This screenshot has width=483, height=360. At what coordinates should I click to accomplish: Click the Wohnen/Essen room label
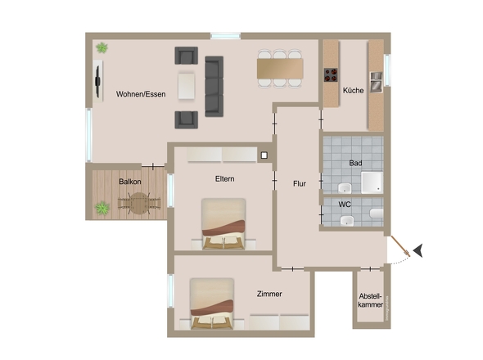pos(141,94)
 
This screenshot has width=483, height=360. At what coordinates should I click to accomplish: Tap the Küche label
pos(354,91)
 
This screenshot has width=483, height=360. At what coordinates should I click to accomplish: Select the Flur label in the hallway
pos(300,184)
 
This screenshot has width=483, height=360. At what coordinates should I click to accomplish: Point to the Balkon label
pos(130,182)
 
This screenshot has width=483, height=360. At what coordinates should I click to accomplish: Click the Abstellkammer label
pos(371,300)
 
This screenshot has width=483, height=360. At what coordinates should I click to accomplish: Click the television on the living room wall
pos(97,81)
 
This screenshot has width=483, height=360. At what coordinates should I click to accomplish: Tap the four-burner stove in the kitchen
pos(331,74)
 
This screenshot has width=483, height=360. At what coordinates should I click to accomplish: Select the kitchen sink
pos(376,82)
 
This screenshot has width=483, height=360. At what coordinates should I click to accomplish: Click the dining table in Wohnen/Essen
pos(280,69)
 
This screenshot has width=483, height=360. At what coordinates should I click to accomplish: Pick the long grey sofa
pos(214,87)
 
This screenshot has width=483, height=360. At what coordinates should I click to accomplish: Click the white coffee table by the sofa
pos(186,86)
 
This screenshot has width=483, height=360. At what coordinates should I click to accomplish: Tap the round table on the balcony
pos(139,203)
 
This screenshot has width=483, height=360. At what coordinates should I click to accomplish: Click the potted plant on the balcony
pos(102,208)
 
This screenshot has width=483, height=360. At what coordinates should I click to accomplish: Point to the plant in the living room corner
pos(102,48)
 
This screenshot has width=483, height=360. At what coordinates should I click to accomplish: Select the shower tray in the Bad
pos(372,182)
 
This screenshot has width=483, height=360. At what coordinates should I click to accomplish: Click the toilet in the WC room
pos(377,214)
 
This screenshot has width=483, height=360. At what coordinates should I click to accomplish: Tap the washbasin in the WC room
pos(347,221)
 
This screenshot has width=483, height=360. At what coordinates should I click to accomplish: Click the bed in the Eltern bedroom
pos(223,224)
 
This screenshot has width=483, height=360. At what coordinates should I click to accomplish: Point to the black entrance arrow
pos(418,250)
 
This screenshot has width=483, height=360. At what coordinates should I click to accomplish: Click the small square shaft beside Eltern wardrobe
pos(264,155)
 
